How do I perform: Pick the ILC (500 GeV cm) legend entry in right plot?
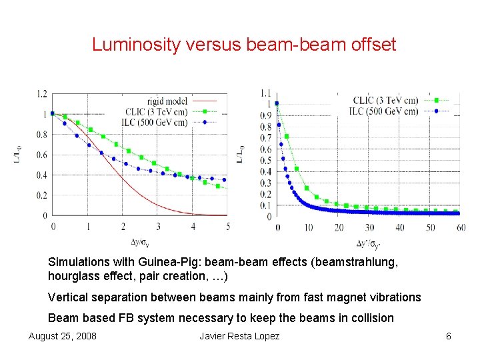pyautogui.click(x=384, y=111)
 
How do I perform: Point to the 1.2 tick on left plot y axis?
pyautogui.click(x=42, y=94)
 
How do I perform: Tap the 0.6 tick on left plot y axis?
pyautogui.click(x=42, y=155)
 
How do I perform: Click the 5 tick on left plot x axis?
pyautogui.click(x=228, y=227)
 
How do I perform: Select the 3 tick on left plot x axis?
pyautogui.click(x=158, y=227)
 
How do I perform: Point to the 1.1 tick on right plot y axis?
pyautogui.click(x=265, y=93)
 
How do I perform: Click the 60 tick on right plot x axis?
pyautogui.click(x=461, y=227)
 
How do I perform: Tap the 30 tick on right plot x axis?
pyautogui.click(x=369, y=227)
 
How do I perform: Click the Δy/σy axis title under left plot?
pyautogui.click(x=140, y=241)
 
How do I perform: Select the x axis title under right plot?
pyautogui.click(x=369, y=243)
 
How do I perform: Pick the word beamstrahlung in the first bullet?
pyautogui.click(x=358, y=262)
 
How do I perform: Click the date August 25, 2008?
pyautogui.click(x=62, y=336)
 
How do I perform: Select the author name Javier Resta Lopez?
pyautogui.click(x=239, y=336)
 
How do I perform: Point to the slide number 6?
pyautogui.click(x=448, y=336)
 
